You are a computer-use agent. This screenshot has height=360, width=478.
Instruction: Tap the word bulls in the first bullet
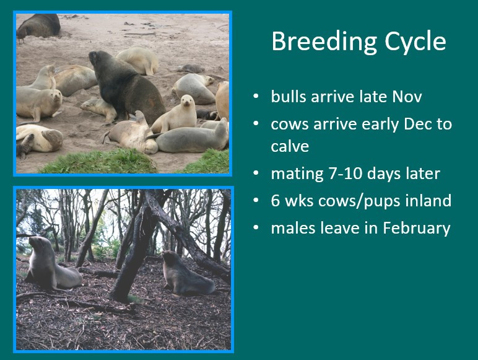point(287,97)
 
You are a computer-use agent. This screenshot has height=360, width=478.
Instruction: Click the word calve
point(290,146)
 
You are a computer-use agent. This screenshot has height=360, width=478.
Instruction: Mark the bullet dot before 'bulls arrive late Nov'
point(256,97)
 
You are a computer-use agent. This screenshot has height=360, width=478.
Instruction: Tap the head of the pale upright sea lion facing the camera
point(185,102)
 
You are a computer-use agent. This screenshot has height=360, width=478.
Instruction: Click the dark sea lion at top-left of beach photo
point(38,25)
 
